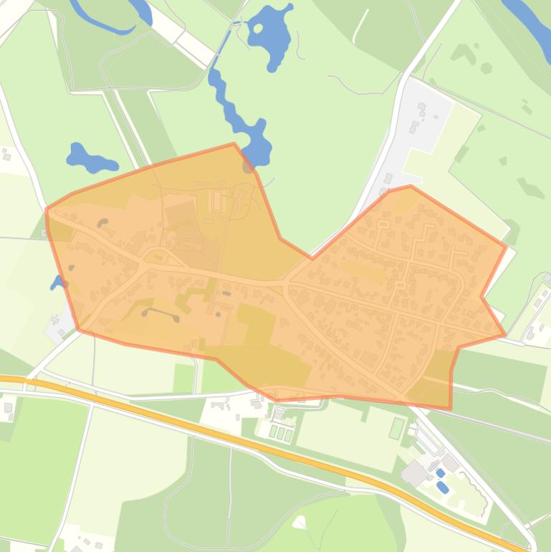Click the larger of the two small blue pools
tap(444, 487)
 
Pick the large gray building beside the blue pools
tap(415, 473)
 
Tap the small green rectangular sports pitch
tap(397, 428)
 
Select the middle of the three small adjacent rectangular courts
tap(280, 433)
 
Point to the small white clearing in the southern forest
tap(299, 521)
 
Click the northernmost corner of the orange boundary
tap(234, 143)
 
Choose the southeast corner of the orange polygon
tap(451, 409)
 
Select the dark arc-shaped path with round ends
tap(160, 313)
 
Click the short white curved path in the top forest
tap(361, 25)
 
